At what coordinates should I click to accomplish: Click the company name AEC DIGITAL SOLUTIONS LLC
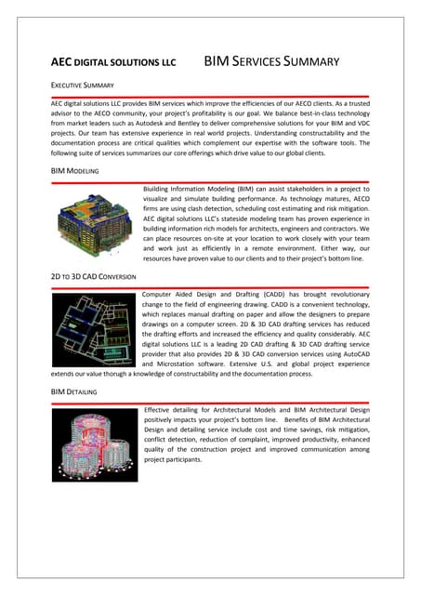[x=112, y=64]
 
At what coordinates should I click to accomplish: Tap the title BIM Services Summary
[x=270, y=63]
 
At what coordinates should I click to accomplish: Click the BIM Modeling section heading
[x=75, y=172]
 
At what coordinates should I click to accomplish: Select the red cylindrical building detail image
[x=94, y=444]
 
